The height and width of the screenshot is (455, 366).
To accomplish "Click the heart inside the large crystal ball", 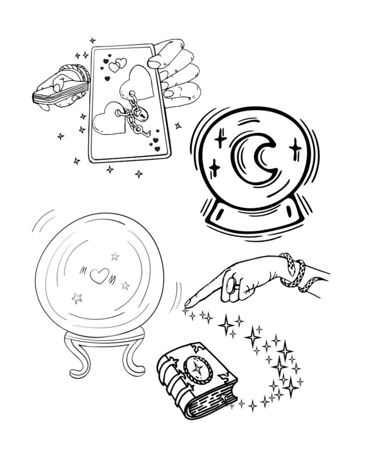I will (x=99, y=275).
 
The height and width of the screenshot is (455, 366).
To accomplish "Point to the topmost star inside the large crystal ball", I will (x=115, y=256).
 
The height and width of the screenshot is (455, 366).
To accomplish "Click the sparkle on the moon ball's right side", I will (x=295, y=148).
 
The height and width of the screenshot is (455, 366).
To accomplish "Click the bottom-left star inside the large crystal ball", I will (x=77, y=298).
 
